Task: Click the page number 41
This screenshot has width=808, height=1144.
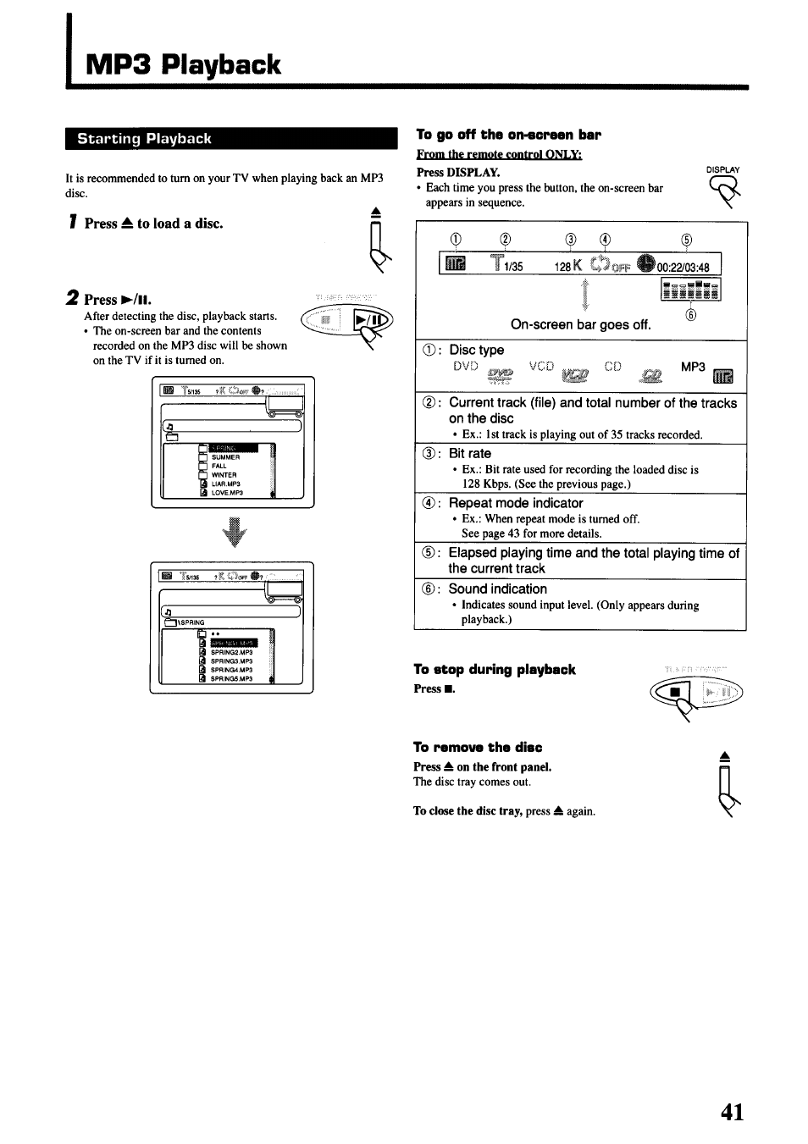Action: point(733,1111)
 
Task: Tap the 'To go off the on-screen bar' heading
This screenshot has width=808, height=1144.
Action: point(507,135)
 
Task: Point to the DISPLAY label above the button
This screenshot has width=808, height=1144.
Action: point(722,169)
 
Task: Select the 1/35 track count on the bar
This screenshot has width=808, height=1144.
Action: point(513,268)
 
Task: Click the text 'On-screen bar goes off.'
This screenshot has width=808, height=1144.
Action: point(580,325)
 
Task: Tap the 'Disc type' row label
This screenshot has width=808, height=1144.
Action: point(476,351)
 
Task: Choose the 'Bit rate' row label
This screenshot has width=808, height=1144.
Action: point(469,454)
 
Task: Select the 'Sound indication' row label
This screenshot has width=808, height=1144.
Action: point(497,589)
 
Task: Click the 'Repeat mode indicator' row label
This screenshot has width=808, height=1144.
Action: point(515,503)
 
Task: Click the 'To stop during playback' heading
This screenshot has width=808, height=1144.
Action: point(494,670)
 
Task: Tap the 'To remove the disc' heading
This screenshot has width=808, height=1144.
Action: point(478,747)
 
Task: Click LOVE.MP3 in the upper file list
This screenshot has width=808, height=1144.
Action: point(227,493)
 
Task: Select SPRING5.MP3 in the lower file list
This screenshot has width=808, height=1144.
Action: point(231,679)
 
